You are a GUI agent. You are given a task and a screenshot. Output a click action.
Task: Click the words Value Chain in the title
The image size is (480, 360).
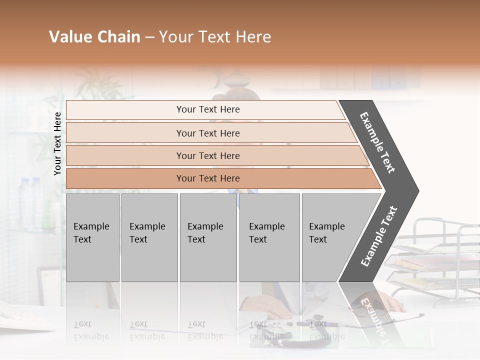[94, 37]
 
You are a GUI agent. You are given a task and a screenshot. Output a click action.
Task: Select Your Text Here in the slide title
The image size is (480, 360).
[215, 37]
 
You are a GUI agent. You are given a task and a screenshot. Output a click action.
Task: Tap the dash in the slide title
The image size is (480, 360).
[149, 37]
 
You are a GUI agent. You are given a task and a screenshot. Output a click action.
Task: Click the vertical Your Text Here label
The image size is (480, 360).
[58, 143]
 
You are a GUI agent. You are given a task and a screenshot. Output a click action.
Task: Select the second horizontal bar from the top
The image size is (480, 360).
[207, 133]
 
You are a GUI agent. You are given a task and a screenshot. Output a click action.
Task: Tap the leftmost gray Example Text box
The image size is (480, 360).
[92, 237]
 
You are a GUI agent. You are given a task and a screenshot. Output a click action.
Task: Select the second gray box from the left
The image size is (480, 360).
[149, 237]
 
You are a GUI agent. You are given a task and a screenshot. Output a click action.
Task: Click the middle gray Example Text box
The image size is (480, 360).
[208, 237]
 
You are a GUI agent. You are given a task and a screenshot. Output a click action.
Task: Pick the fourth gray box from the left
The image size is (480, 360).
[269, 237]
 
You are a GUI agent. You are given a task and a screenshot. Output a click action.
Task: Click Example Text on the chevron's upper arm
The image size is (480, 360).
[377, 142]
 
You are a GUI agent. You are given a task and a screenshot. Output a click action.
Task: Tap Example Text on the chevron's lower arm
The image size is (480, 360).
[378, 236]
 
